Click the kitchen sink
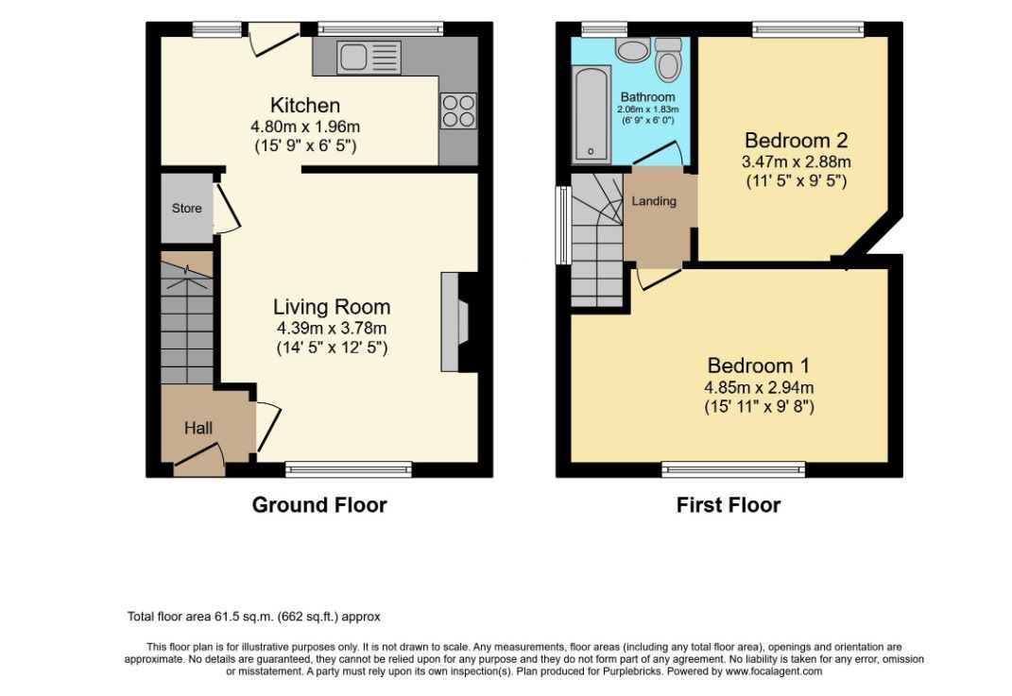pos(369,57)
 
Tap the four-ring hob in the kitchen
pos(459,110)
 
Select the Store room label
pos(186,209)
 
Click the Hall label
pos(198,428)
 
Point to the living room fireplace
pos(459,322)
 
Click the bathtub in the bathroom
pos(592,113)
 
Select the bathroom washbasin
pos(632,50)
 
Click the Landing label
pos(654,201)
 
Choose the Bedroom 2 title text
pos(796,140)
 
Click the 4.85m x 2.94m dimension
pos(759,388)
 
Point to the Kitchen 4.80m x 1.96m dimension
pos(305,127)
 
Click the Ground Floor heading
pos(319,504)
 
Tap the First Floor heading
pos(729,504)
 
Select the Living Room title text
pos(332,306)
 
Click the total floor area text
pos(253,617)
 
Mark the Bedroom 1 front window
pos(734,469)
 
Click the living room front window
pos(349,469)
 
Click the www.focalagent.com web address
pos(773,671)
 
